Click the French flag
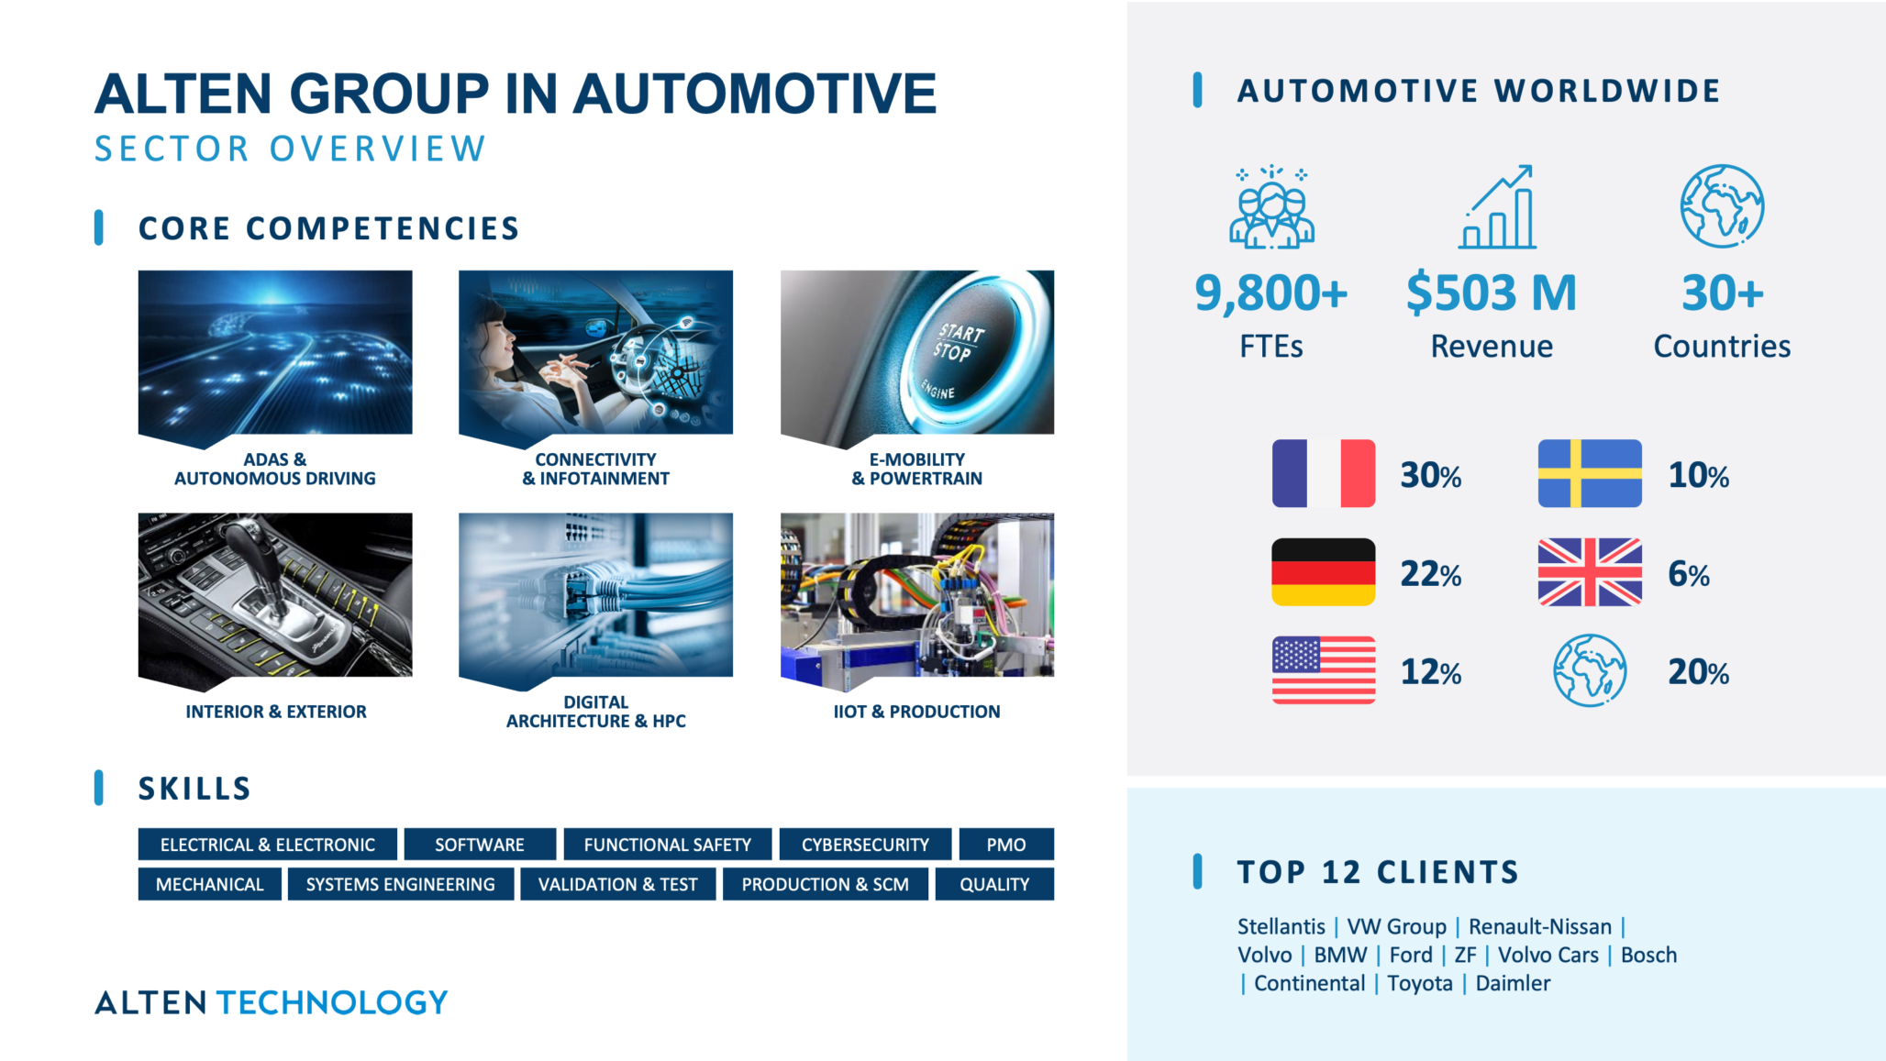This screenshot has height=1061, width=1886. coord(1323,473)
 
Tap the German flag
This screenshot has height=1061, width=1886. coord(1323,571)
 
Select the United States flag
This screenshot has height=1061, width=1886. coord(1323,669)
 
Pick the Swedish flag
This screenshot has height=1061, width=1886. coord(1590,473)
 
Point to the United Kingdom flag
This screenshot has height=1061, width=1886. coord(1590,571)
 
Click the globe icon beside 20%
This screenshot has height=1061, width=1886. coord(1590,670)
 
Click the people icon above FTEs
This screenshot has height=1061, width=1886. coord(1271,206)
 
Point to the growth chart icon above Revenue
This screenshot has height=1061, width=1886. coord(1497,206)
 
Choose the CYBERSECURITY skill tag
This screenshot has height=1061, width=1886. coord(865,845)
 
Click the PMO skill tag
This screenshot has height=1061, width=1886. coord(1006,845)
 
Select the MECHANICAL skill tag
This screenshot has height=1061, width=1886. coord(209,884)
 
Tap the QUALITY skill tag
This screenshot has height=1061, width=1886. coord(994,884)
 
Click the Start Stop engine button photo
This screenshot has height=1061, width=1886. coord(917,353)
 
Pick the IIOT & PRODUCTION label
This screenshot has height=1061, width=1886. coord(916,712)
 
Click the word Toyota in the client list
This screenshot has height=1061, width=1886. coord(1420,983)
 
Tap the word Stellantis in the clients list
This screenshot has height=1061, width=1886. coord(1281,926)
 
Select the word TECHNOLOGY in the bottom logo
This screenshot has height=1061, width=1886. coord(332,1002)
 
